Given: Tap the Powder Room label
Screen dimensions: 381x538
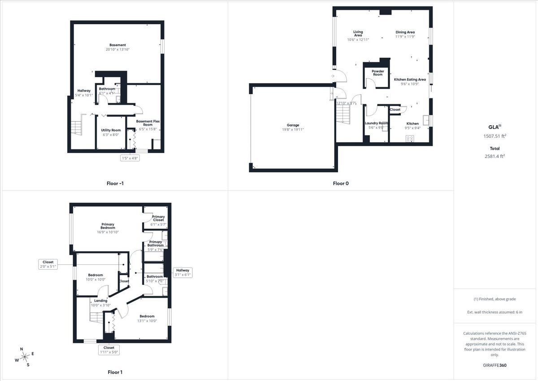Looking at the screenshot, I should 377,73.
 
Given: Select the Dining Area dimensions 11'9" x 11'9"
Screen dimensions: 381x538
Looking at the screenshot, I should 405,37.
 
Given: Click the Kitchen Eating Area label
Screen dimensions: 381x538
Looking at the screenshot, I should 410,79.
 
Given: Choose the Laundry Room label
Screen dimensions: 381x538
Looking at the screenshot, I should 376,123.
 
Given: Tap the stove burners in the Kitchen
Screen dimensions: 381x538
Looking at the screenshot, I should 410,139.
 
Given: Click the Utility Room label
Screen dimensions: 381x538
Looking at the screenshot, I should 111,130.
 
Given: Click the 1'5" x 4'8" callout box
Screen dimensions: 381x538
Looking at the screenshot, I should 130,158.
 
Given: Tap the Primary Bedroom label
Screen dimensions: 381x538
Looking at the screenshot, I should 108,226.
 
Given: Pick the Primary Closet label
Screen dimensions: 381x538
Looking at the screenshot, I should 158,219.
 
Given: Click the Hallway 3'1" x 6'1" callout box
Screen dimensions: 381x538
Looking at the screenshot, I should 183,272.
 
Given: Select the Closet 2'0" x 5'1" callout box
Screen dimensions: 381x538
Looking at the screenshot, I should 48,264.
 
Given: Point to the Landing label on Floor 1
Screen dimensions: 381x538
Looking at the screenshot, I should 100,301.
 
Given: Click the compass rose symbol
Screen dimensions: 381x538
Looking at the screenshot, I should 25,357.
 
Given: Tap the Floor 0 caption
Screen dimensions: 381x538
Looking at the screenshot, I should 340,183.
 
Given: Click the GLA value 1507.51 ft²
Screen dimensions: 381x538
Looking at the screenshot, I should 495,136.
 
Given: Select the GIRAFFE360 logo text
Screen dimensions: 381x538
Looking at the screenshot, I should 495,365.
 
